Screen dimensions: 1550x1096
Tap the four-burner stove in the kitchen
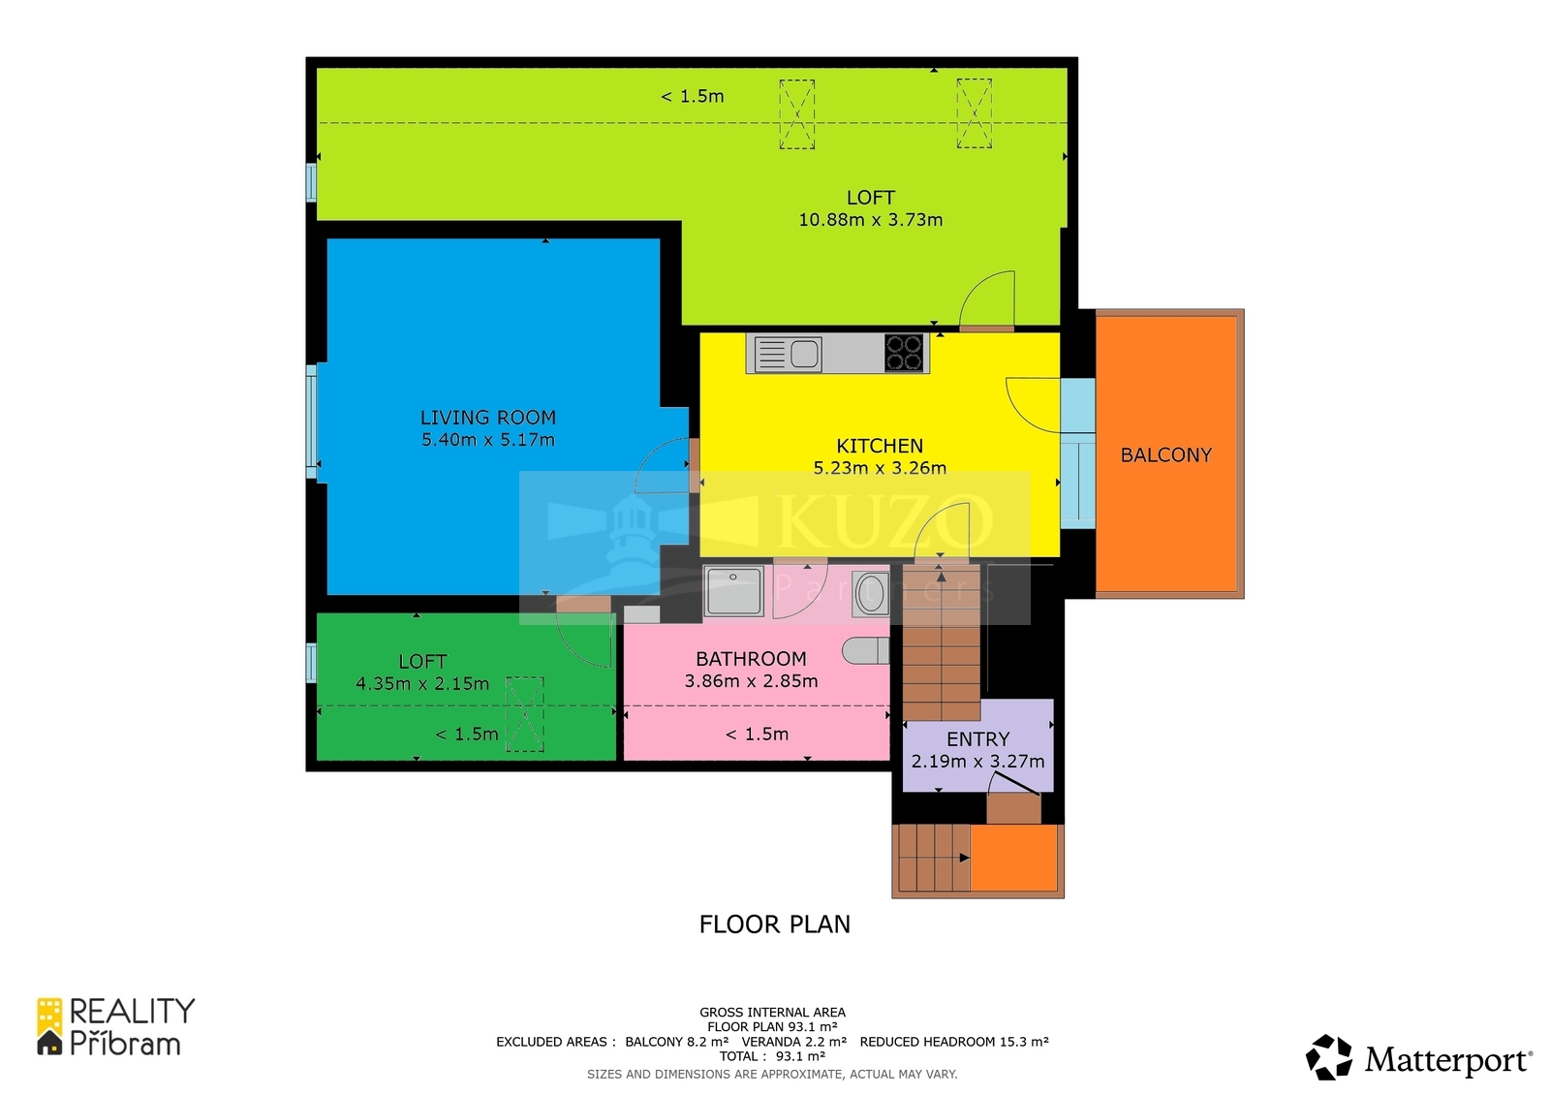[x=905, y=353]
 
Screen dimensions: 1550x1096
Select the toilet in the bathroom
[x=866, y=651]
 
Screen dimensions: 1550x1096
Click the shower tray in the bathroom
[x=733, y=590]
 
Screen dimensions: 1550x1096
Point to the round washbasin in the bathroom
[x=871, y=593]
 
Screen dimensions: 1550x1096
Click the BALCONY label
[x=1166, y=454]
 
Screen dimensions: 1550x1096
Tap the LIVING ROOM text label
[x=488, y=418]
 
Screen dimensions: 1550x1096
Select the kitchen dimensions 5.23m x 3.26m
[x=880, y=468]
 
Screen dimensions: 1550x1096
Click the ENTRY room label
[x=977, y=739]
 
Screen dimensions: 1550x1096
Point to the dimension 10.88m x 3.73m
[x=871, y=220]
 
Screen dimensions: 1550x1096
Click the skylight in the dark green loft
[x=524, y=714]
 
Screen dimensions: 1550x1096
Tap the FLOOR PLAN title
[x=774, y=924]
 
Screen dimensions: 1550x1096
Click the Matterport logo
[x=1418, y=1057]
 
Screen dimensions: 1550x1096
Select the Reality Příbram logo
[x=115, y=1027]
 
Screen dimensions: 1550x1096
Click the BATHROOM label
[x=751, y=658]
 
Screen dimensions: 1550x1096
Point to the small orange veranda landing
[x=1014, y=858]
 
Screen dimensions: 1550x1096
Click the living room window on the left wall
[x=311, y=422]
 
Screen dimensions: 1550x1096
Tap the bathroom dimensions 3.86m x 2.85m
[x=751, y=681]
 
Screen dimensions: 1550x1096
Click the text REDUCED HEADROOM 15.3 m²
[x=954, y=1042]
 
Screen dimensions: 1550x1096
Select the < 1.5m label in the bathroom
[x=757, y=734]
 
